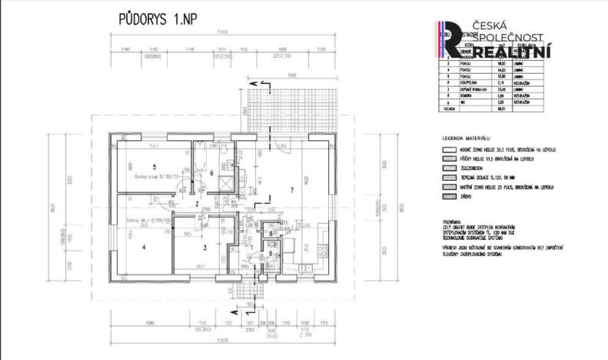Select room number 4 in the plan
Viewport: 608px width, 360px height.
[x=143, y=247]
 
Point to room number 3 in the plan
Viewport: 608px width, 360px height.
[x=204, y=247]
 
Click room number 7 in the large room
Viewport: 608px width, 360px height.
[x=291, y=188]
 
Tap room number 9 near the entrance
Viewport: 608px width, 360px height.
[x=271, y=253]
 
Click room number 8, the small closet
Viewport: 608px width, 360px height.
[x=271, y=233]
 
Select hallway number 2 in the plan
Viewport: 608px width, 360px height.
[x=197, y=204]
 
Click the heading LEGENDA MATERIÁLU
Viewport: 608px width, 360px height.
[x=468, y=135]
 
